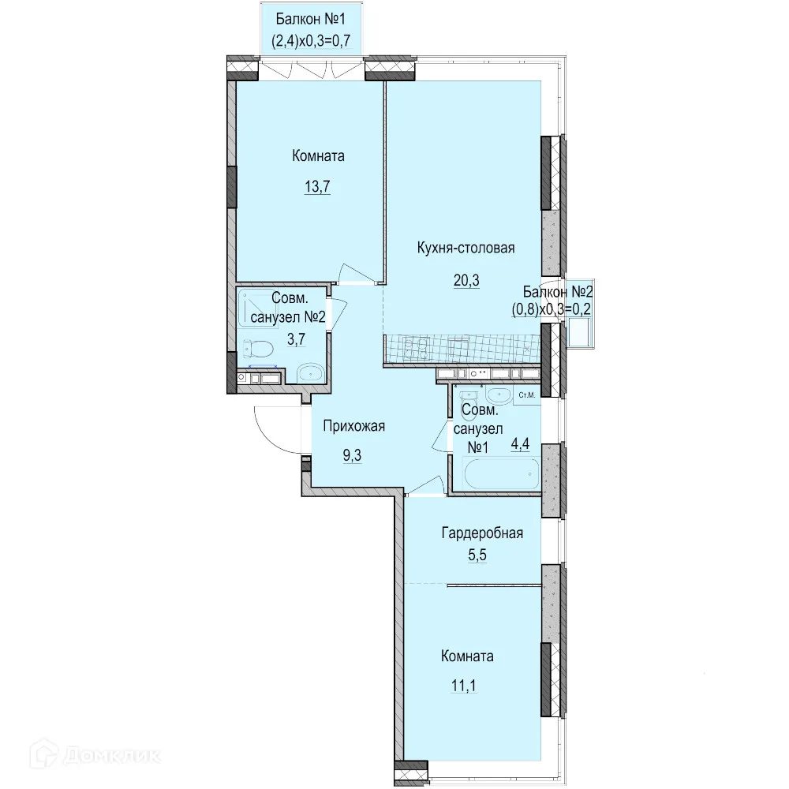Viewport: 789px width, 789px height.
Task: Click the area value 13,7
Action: (317, 187)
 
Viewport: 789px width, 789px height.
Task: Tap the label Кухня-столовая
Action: (466, 248)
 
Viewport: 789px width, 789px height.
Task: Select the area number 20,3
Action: (466, 280)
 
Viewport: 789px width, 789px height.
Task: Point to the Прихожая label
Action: (353, 426)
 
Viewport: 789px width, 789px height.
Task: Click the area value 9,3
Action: (352, 456)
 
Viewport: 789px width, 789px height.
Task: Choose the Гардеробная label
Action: (482, 533)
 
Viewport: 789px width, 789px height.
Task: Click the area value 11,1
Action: (464, 686)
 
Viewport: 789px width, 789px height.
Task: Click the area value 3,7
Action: (296, 339)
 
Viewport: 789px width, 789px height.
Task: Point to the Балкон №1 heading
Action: (310, 20)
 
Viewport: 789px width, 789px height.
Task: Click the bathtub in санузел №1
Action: (502, 473)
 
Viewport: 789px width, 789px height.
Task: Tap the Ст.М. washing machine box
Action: (527, 395)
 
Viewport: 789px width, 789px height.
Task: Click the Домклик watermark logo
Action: (95, 755)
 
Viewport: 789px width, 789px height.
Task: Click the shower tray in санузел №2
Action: (257, 308)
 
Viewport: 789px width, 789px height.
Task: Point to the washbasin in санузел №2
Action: (310, 373)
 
